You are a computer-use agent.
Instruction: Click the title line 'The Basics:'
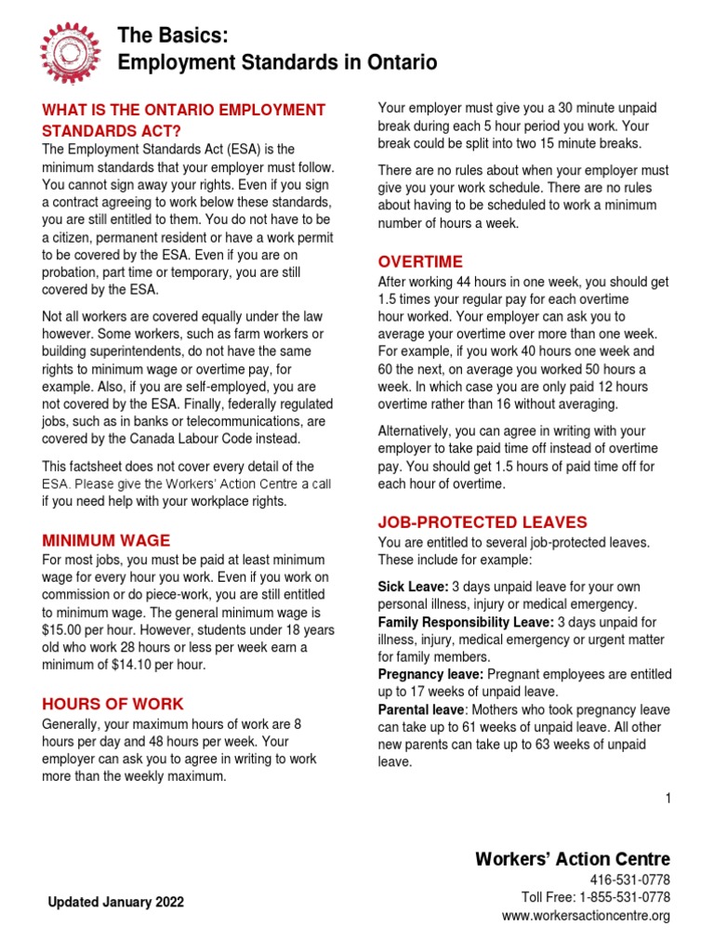172,35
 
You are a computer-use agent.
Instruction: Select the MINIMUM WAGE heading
106,540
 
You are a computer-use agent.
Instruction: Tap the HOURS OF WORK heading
112,704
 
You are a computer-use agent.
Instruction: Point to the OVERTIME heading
419,261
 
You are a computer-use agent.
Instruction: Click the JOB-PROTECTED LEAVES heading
483,522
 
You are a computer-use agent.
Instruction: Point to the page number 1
668,798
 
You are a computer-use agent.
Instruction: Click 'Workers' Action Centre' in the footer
572,858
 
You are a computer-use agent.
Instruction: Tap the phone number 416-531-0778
629,880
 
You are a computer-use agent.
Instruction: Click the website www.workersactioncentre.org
586,917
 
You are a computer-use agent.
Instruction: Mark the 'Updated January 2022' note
115,902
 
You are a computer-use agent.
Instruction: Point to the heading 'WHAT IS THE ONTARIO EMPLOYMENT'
184,111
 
